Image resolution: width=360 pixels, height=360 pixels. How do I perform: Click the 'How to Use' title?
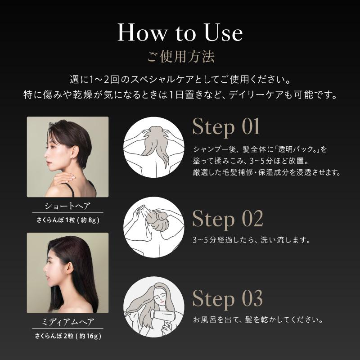[180, 32]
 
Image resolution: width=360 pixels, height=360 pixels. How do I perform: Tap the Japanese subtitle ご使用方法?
[181, 57]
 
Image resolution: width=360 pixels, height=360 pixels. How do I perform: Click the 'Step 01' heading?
[226, 127]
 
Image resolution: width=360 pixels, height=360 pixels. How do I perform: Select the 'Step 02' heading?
[228, 219]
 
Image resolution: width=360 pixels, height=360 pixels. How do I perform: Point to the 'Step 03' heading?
[227, 298]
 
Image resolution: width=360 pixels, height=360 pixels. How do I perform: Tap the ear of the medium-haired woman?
[69, 267]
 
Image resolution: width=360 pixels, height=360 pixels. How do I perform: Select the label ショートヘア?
[68, 206]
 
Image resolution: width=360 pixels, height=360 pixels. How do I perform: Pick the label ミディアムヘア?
[68, 322]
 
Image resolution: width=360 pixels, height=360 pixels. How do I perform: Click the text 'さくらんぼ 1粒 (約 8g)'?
[68, 220]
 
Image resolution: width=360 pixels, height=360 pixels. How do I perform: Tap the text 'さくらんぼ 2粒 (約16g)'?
[68, 336]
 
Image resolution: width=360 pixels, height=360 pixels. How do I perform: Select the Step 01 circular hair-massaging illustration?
[154, 147]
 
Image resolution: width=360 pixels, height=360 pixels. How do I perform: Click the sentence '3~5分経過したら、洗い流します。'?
[252, 240]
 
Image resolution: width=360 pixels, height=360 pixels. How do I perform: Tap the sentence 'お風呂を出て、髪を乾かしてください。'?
[258, 319]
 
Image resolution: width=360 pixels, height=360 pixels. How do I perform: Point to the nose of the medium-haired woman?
[44, 273]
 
